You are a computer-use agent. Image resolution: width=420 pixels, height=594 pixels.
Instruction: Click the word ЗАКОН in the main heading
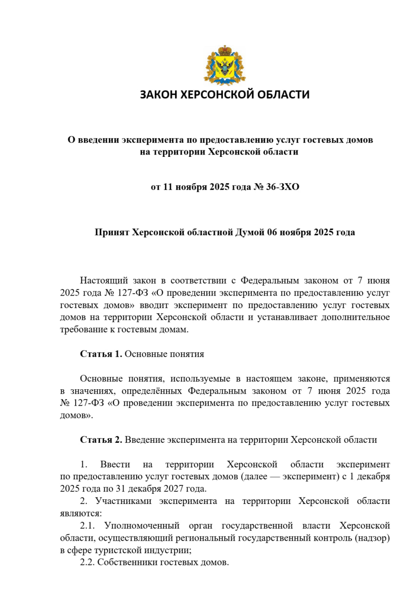point(159,95)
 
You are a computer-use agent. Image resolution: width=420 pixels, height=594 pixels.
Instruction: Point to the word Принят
point(112,232)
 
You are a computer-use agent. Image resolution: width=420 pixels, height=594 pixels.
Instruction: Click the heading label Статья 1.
point(101,354)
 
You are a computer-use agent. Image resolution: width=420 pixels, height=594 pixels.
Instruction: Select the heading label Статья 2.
point(101,440)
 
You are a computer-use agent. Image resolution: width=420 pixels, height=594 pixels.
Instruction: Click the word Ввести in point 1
point(112,465)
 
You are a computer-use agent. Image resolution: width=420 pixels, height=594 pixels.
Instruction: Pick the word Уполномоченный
point(142,526)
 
